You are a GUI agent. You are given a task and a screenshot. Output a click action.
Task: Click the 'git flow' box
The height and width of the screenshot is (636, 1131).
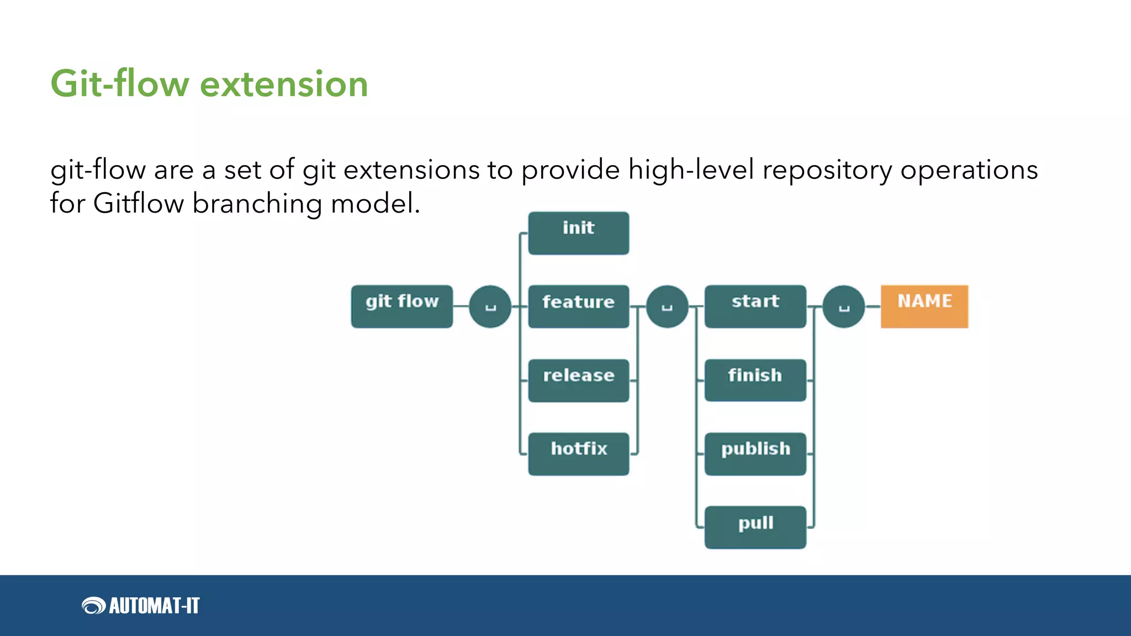(x=401, y=306)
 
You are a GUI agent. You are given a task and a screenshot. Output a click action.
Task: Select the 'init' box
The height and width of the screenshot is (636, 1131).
(x=578, y=233)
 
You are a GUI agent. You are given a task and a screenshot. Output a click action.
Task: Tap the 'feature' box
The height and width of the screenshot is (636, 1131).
(x=578, y=306)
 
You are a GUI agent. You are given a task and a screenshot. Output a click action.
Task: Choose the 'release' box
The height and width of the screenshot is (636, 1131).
(x=578, y=380)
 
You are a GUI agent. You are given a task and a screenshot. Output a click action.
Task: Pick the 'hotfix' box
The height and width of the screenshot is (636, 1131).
(x=578, y=454)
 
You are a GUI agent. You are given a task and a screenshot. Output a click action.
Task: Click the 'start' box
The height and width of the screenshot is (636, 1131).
(x=755, y=306)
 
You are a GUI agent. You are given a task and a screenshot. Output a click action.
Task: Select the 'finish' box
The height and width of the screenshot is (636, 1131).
(x=755, y=380)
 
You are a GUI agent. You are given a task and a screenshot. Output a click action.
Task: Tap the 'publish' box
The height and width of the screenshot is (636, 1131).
(x=755, y=454)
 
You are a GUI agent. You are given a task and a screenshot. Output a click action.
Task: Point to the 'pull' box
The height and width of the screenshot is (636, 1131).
(x=755, y=527)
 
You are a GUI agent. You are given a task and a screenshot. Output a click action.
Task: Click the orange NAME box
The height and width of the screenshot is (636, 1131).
(x=924, y=306)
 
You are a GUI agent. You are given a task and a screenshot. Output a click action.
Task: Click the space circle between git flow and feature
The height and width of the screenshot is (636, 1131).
(x=490, y=306)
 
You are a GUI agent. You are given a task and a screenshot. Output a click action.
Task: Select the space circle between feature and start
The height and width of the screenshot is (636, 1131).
(x=667, y=306)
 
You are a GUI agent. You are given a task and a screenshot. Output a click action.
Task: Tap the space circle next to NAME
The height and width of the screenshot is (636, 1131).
(x=843, y=306)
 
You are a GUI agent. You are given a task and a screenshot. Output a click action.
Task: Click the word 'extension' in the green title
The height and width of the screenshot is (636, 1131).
(x=283, y=84)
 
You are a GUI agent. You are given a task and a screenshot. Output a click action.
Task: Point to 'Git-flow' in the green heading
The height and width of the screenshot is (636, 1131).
(x=120, y=84)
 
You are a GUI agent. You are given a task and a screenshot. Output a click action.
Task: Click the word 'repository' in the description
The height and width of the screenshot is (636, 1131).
(x=827, y=170)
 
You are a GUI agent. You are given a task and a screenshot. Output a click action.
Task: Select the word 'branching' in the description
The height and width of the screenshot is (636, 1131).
(x=257, y=204)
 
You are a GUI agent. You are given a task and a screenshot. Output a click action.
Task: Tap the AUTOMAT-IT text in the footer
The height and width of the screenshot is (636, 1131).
(x=154, y=606)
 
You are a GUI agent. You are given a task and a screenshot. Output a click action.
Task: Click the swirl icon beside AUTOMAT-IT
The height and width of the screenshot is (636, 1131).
(x=93, y=606)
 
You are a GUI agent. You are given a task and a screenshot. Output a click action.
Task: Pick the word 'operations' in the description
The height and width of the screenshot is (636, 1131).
(x=969, y=170)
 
